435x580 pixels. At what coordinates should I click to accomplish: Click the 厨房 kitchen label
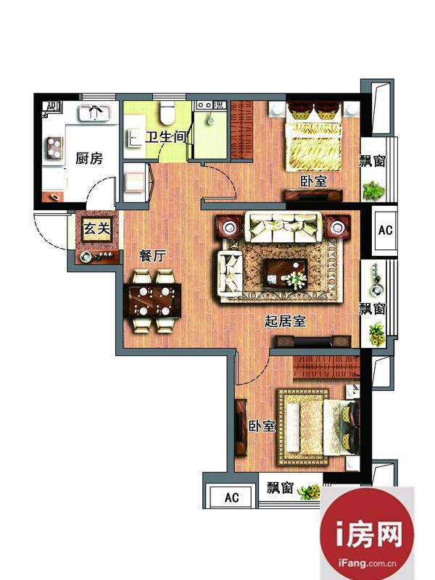[89, 158]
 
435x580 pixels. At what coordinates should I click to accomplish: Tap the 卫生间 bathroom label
[165, 137]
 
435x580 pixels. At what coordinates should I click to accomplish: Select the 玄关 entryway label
[97, 228]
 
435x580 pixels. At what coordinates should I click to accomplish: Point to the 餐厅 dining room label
[153, 255]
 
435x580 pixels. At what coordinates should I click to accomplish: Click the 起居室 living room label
[285, 320]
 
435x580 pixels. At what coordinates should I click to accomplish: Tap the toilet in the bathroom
[167, 112]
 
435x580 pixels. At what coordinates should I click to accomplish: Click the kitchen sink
[95, 112]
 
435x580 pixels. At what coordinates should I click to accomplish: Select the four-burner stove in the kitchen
[55, 147]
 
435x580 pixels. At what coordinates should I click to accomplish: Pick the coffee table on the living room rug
[285, 274]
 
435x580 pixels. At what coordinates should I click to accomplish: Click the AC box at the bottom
[231, 497]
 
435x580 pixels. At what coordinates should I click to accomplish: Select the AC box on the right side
[385, 230]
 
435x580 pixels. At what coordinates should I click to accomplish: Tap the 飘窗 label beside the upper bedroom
[373, 161]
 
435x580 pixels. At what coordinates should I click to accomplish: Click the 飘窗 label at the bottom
[281, 488]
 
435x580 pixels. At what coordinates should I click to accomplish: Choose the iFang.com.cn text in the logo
[367, 563]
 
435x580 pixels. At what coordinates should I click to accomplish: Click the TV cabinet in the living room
[312, 341]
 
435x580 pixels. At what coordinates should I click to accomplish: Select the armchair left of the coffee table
[231, 273]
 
